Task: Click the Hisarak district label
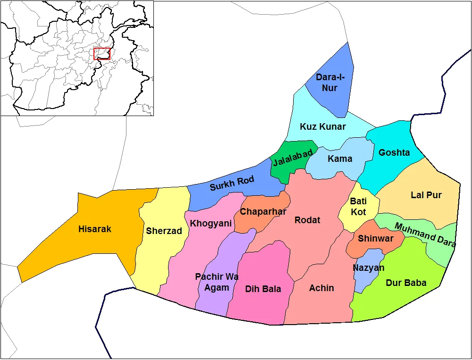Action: pos(95,229)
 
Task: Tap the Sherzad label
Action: pos(164,231)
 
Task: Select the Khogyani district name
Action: pos(211,224)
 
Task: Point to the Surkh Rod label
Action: pos(232,183)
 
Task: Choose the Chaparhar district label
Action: pos(263,212)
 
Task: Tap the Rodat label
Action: pos(307,220)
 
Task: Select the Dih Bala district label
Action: pos(263,289)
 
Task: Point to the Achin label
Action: pos(321,288)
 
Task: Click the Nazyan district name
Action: pos(369,268)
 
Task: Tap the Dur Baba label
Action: pos(406,283)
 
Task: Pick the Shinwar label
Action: pos(375,239)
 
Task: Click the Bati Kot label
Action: pos(358,207)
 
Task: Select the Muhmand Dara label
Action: pos(425,234)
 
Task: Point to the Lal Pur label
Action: pos(426,195)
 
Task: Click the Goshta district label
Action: pos(394,153)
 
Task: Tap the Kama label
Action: pos(340,159)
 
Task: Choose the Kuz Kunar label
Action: pos(323,127)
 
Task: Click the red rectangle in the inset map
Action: pos(102,54)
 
